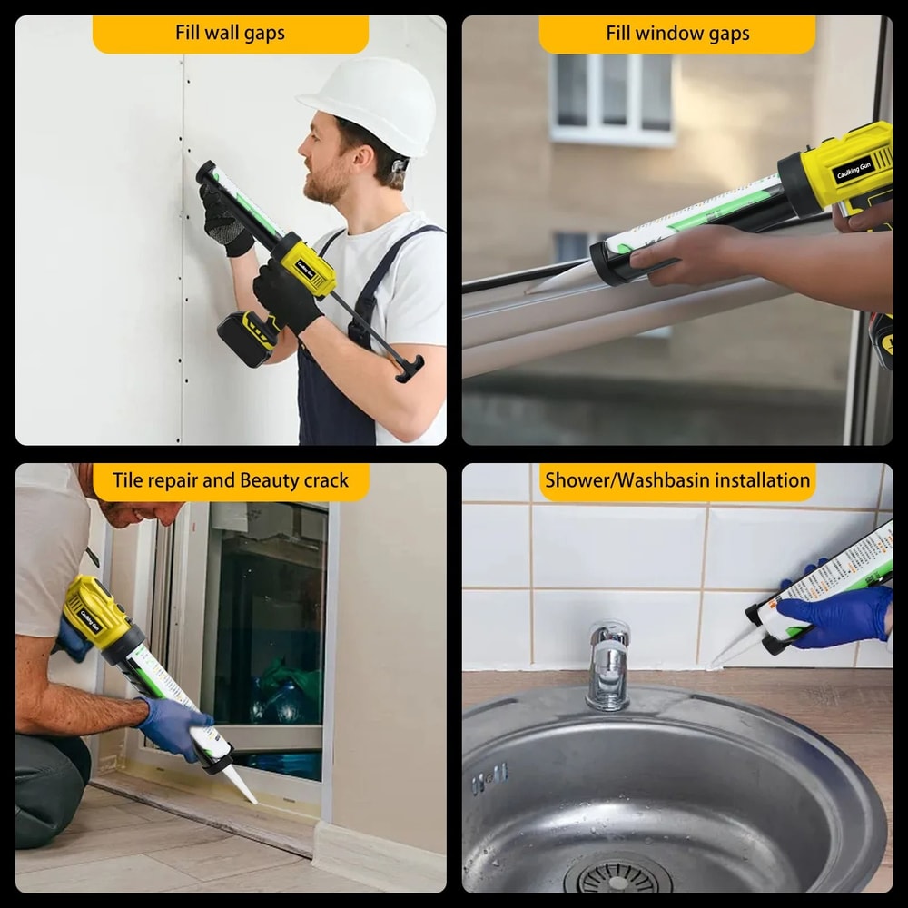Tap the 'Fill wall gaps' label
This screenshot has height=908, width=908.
pyautogui.click(x=230, y=34)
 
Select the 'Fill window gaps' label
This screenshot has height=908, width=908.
pyautogui.click(x=677, y=35)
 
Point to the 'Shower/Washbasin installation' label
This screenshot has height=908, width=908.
pyautogui.click(x=677, y=481)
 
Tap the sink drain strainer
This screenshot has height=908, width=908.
pyautogui.click(x=617, y=880)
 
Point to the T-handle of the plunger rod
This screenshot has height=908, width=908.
pyautogui.click(x=410, y=368)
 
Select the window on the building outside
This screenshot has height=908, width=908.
pyautogui.click(x=611, y=97)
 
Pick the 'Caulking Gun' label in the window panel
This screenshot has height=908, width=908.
pyautogui.click(x=854, y=170)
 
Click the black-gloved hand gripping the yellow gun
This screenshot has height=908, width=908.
pyautogui.click(x=286, y=295)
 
